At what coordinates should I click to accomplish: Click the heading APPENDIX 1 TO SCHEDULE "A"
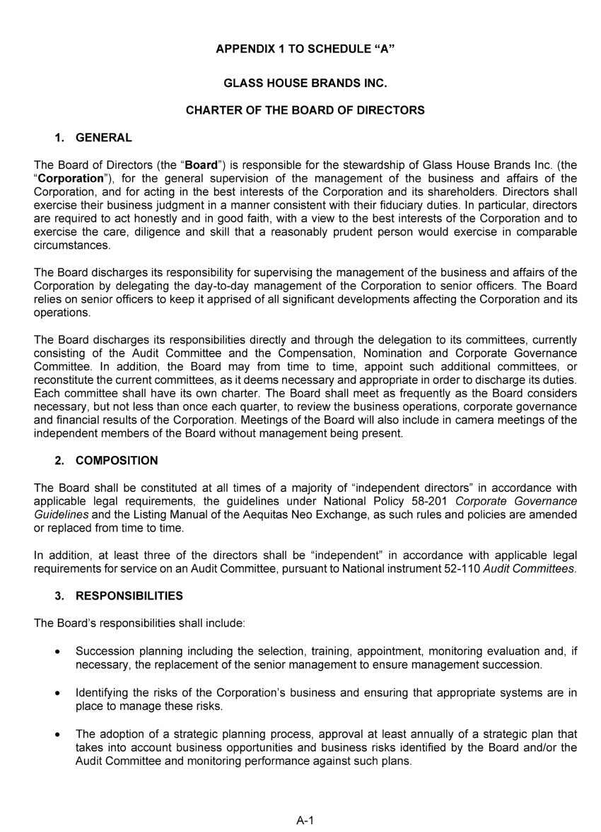coord(305,49)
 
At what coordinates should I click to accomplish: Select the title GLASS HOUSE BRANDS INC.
coord(305,83)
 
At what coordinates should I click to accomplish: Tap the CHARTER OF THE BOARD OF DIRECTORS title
coord(305,110)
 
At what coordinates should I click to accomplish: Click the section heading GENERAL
coord(103,138)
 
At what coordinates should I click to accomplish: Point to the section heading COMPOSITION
coord(117,461)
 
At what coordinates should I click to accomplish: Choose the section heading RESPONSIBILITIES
coord(129,596)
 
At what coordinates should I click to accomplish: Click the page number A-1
coord(305,820)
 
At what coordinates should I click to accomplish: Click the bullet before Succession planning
coord(57,652)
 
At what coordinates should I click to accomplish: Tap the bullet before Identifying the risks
coord(57,693)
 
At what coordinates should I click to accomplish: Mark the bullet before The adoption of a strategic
coord(57,734)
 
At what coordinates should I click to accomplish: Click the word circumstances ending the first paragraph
coord(72,246)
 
